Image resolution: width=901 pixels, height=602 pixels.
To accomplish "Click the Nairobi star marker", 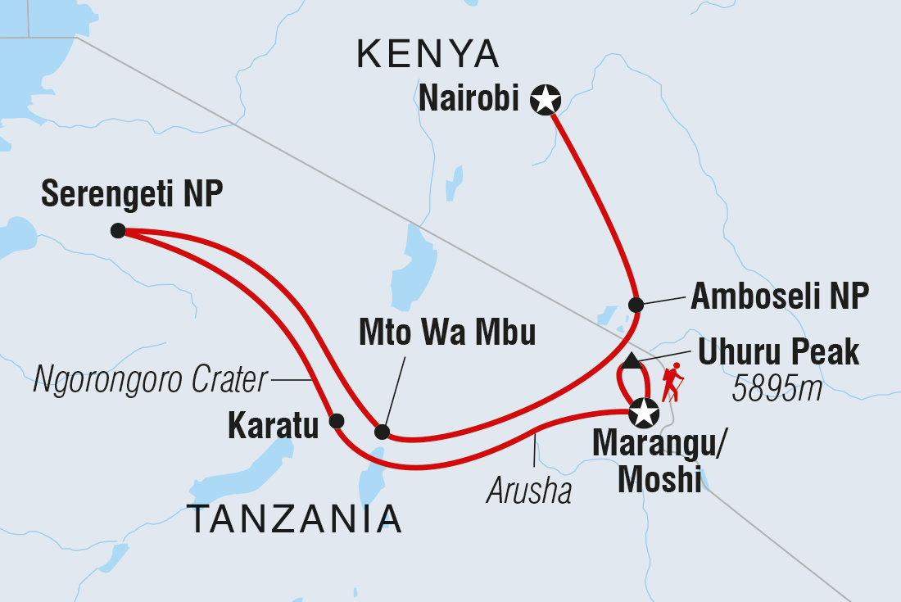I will tap(545, 101).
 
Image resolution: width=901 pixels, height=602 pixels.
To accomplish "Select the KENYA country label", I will tap(428, 55).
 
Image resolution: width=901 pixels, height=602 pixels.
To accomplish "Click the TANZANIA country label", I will tap(295, 519).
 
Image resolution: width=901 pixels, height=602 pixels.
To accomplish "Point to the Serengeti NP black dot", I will tap(118, 231).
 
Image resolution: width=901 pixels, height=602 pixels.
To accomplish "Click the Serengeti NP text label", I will tap(132, 194).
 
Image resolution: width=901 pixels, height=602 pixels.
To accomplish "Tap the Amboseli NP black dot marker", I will tap(636, 305).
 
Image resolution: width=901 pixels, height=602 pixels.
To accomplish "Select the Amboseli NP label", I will tap(779, 297).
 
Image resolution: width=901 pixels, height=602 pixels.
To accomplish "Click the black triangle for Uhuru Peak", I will tap(631, 360).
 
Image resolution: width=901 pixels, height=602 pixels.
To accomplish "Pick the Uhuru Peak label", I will tap(778, 353).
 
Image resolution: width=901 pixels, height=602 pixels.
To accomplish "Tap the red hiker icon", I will tap(672, 382).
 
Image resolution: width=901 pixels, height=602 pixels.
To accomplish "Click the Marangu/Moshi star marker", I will tap(645, 414).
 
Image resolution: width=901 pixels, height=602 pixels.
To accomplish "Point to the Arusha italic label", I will tap(529, 491).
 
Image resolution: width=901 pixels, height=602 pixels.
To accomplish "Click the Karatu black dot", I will tap(336, 422).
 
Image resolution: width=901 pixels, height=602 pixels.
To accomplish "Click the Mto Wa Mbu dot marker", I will tap(382, 432).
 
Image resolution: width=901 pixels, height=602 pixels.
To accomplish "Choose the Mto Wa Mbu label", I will tap(446, 333).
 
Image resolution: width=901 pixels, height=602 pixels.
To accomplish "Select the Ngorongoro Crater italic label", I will tap(151, 380).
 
